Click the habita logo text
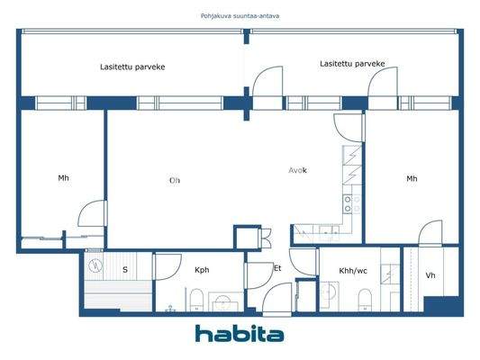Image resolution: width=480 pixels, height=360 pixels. click(240, 334)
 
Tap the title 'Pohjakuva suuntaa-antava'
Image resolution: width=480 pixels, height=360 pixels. click(240, 15)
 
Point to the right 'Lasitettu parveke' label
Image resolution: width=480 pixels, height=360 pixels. click(353, 64)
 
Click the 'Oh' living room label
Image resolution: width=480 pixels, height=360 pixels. click(175, 180)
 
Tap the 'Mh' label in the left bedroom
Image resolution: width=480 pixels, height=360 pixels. click(63, 178)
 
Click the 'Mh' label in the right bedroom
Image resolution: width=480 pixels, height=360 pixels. click(412, 178)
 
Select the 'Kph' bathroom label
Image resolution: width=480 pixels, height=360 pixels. click(202, 269)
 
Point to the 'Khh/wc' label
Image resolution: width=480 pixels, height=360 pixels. click(352, 269)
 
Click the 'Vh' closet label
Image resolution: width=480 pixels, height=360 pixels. click(430, 275)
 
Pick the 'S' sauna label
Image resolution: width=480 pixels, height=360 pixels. click(124, 269)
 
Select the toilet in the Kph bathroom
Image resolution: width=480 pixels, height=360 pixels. click(194, 299)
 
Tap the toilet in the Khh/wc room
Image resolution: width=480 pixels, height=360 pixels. click(365, 298)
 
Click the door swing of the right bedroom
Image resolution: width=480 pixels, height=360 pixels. click(428, 231)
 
